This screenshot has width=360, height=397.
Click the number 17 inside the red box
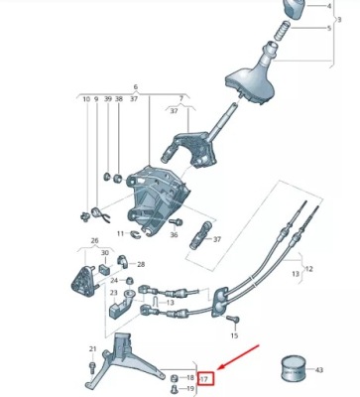click(205, 379)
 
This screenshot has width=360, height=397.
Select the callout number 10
click(86, 100)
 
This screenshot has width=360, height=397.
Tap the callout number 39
click(107, 100)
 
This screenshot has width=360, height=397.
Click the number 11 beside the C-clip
click(120, 234)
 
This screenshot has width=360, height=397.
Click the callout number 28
click(141, 264)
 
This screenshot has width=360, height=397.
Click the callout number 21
click(92, 349)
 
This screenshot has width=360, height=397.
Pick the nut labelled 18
click(175, 378)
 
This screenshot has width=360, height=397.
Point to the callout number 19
click(190, 389)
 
